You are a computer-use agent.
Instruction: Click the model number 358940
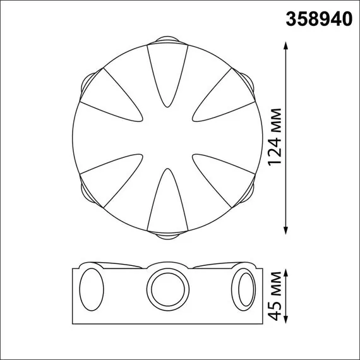pos(320,19)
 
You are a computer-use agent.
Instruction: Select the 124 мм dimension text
pos(275,140)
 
